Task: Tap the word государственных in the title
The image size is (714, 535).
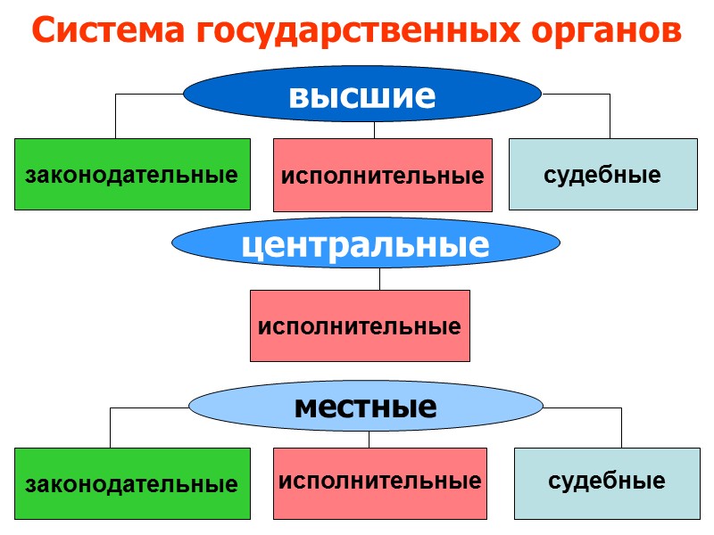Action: [353, 33]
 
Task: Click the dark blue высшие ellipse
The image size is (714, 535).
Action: [362, 95]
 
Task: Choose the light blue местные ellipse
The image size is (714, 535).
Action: [365, 407]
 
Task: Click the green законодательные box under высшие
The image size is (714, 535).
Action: [132, 174]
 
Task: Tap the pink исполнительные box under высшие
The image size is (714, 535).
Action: [382, 175]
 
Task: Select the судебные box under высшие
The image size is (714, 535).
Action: [602, 174]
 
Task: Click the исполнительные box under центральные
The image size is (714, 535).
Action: [360, 325]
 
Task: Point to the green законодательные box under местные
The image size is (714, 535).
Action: [132, 484]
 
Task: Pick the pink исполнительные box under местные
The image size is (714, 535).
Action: [380, 482]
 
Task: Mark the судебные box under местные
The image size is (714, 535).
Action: [606, 481]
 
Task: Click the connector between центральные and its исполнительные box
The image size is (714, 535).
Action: [379, 278]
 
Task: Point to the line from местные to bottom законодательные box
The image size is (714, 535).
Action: [111, 426]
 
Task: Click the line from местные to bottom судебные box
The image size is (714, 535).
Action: [621, 426]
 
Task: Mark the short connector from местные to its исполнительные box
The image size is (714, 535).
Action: [369, 439]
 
